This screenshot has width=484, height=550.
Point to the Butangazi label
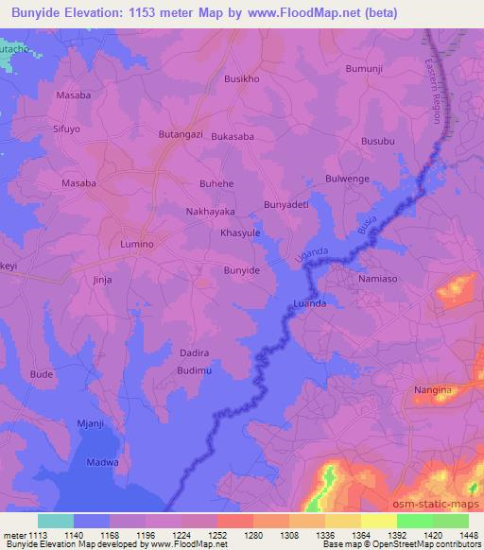point(181,136)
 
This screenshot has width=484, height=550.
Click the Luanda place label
point(310,303)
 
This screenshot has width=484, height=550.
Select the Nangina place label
point(434,389)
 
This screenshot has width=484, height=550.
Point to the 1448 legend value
point(467,534)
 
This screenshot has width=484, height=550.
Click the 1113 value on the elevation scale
point(37,534)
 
